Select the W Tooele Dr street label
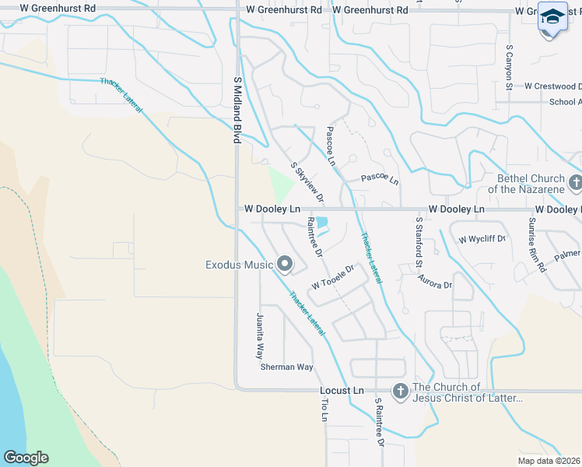point(333,276)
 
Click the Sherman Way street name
point(286,367)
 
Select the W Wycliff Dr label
point(482,239)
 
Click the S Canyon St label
point(510,68)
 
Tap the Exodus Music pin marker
point(284,264)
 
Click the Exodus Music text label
point(239,265)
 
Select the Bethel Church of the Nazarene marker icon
point(575,184)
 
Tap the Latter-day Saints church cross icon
point(399,392)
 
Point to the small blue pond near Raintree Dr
point(322,223)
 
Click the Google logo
point(26,458)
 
